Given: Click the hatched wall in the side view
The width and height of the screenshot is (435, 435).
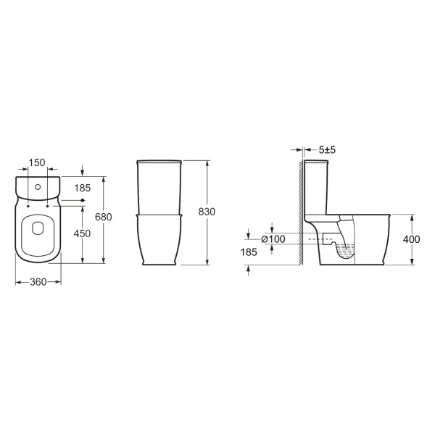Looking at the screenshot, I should pos(297,210).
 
